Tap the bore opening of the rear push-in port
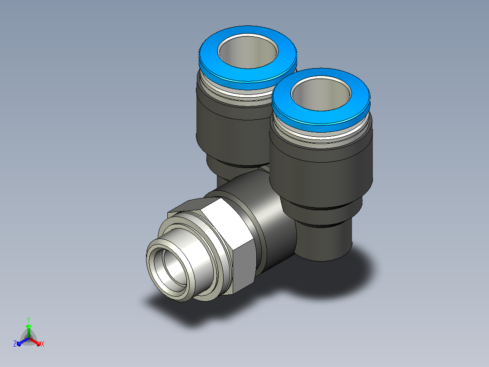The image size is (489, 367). point(248,51)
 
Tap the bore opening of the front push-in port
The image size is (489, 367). point(321,94)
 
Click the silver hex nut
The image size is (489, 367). point(228,243)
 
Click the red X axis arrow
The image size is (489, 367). point(34,342)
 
